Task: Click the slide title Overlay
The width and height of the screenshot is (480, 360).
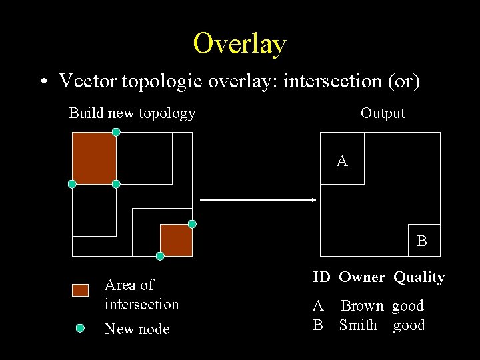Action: (x=240, y=43)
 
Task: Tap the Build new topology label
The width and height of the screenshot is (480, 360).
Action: (x=132, y=113)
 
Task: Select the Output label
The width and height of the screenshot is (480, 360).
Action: (x=383, y=113)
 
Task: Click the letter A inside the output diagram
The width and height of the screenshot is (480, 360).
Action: (x=342, y=161)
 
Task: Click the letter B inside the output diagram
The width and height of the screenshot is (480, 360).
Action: (x=422, y=241)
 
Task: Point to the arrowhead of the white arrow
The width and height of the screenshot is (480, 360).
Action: (x=313, y=199)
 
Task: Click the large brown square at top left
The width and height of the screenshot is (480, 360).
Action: (x=94, y=158)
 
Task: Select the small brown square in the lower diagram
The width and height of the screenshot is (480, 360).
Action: (x=176, y=240)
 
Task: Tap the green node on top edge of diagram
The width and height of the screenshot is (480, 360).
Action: (x=116, y=132)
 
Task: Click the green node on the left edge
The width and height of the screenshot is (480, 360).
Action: (x=72, y=184)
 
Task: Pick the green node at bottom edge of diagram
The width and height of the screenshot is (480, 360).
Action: (x=160, y=256)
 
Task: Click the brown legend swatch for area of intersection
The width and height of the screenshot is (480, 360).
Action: (x=80, y=290)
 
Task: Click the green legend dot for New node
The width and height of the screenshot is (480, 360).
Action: (x=80, y=328)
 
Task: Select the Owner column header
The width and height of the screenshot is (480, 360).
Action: (x=361, y=277)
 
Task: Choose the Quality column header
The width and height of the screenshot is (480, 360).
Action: (x=419, y=277)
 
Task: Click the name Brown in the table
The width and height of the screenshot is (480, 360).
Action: (x=362, y=306)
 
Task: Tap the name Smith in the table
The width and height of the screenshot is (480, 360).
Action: (x=358, y=325)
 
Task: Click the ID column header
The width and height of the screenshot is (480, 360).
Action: (x=321, y=277)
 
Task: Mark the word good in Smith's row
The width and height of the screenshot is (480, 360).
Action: (x=409, y=325)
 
